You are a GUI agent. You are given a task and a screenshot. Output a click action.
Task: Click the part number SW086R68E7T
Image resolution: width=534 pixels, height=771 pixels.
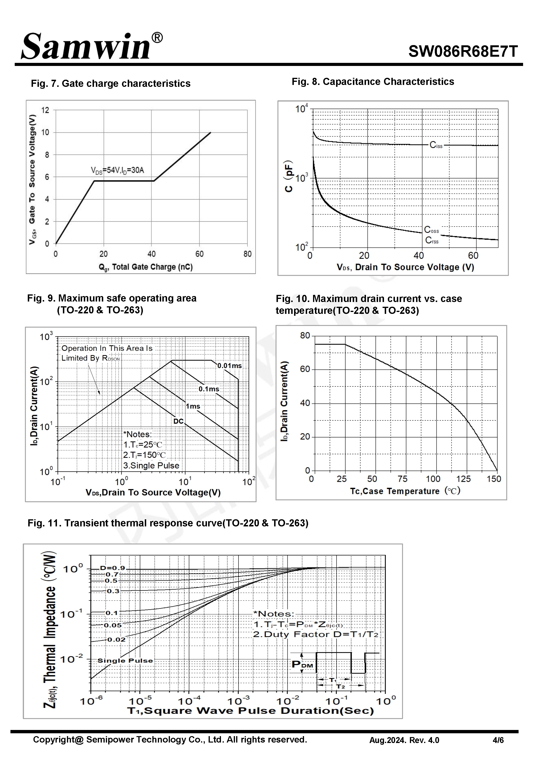pyautogui.click(x=463, y=51)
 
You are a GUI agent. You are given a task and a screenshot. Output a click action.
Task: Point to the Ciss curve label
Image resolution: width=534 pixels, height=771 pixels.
pyautogui.click(x=436, y=145)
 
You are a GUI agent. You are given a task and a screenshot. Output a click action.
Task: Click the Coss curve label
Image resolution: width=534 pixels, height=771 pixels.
pyautogui.click(x=431, y=230)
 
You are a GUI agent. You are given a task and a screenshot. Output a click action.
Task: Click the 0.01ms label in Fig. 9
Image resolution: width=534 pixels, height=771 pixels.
pyautogui.click(x=229, y=366)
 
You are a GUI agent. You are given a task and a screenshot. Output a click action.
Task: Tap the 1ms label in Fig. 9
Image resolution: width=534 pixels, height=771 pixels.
pyautogui.click(x=193, y=406)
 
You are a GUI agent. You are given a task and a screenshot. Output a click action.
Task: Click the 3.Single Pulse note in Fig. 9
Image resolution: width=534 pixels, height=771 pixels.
pyautogui.click(x=151, y=465)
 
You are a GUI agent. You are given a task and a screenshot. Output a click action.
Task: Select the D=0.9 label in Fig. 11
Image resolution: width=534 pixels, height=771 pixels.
pyautogui.click(x=112, y=568)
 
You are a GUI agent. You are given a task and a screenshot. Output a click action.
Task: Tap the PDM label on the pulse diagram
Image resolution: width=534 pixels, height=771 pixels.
pyautogui.click(x=302, y=664)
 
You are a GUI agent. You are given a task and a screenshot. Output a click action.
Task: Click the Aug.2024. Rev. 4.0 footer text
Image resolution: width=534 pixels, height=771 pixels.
pyautogui.click(x=404, y=740)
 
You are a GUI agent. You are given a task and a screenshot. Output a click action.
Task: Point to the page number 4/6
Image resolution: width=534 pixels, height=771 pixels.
pyautogui.click(x=498, y=740)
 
